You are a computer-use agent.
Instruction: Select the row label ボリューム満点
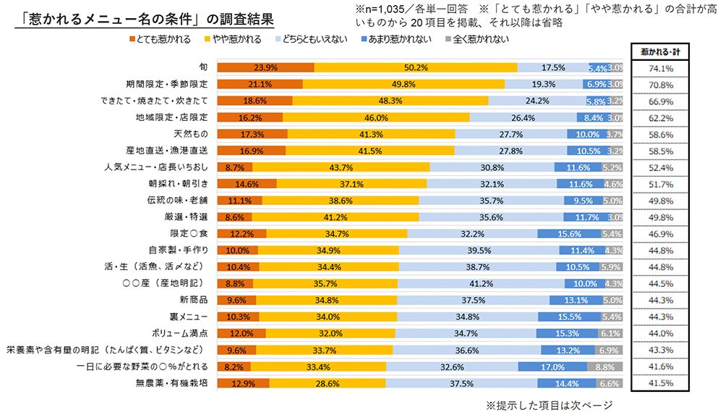[x=179, y=333]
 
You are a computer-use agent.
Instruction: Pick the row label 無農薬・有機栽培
[x=174, y=383]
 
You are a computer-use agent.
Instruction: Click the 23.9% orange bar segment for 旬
[x=265, y=68]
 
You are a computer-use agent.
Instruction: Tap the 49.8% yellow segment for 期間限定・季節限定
[x=403, y=84]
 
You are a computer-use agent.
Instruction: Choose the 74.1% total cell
[x=661, y=68]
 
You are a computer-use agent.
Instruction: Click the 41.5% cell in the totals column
[x=661, y=383]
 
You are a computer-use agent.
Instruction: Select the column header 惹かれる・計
[x=661, y=52]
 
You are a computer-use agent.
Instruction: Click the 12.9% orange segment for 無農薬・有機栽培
[x=242, y=383]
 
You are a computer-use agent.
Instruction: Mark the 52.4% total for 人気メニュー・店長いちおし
[x=661, y=167]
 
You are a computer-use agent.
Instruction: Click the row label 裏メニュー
[x=190, y=317]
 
